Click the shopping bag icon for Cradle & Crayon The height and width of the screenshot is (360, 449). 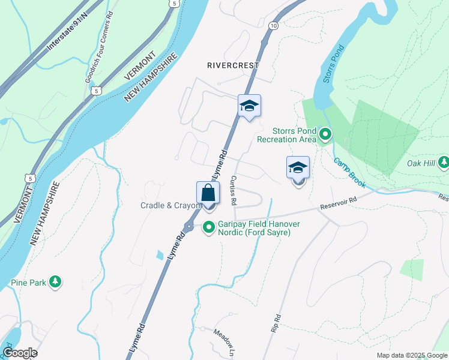click(x=208, y=194)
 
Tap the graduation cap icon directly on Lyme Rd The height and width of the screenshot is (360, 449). click(x=249, y=107)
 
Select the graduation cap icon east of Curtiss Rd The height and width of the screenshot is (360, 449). click(x=298, y=168)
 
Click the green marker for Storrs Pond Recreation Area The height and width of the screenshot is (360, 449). click(x=325, y=134)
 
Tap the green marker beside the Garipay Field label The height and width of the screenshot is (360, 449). click(x=209, y=227)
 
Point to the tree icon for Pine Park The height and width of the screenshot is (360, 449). click(x=55, y=281)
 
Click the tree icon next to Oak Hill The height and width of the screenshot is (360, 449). click(x=444, y=162)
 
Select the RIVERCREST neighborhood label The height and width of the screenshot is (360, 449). click(x=233, y=65)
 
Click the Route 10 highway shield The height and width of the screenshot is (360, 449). click(x=273, y=26)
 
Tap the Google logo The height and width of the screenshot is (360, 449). click(x=20, y=353)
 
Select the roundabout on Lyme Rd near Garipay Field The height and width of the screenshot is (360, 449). click(x=188, y=227)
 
